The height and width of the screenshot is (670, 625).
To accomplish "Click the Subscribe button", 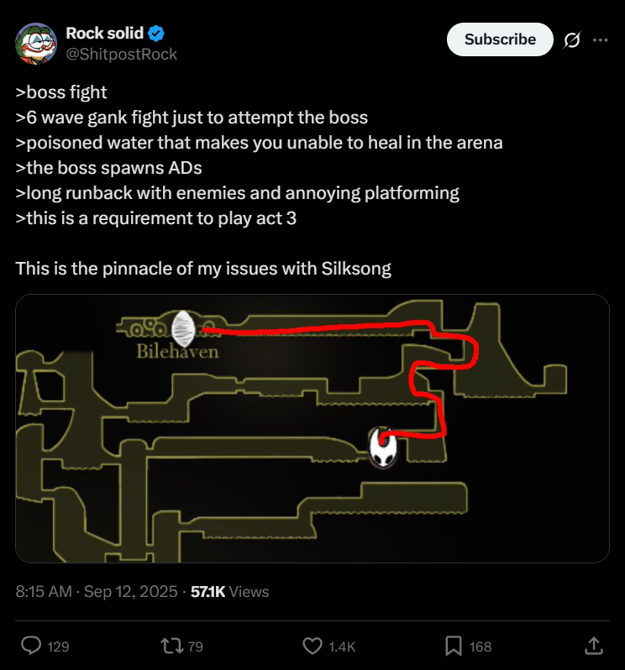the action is (x=500, y=39).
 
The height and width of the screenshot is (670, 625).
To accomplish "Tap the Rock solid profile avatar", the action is (x=36, y=44).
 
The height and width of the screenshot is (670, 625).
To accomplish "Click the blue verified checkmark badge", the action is (x=156, y=33).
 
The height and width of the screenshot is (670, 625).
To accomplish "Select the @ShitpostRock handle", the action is (x=122, y=55).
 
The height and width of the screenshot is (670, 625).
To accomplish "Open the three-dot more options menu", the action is (x=600, y=40).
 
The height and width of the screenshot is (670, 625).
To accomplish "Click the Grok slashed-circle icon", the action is (x=572, y=40).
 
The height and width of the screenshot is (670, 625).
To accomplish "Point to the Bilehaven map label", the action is (x=177, y=352).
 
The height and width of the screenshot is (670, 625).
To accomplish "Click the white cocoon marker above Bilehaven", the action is (x=183, y=328).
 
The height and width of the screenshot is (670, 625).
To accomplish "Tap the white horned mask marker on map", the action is (x=382, y=448).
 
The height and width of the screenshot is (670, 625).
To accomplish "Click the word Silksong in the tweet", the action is (x=356, y=269).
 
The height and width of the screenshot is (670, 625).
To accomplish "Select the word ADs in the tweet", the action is (x=185, y=168).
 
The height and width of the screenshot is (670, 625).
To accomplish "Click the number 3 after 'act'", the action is (x=291, y=218).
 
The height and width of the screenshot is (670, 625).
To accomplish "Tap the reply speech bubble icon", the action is (x=31, y=646).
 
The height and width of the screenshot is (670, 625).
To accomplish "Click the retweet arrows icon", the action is (x=171, y=646).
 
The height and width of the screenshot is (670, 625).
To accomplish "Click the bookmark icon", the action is (x=453, y=646).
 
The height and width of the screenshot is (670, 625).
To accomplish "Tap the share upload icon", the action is (x=593, y=646).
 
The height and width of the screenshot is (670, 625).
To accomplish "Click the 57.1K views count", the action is (x=207, y=592).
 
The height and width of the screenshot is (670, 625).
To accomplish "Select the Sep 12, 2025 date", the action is (x=130, y=592).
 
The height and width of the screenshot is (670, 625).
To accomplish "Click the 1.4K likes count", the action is (x=342, y=646).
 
